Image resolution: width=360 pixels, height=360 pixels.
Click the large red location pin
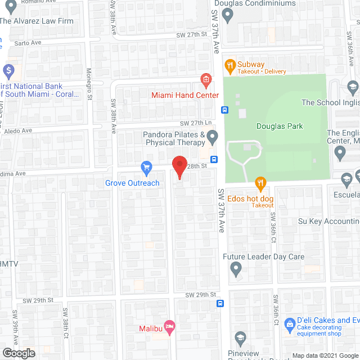179,167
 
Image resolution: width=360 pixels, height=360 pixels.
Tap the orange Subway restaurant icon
229,65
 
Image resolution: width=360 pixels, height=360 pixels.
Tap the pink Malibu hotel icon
170,326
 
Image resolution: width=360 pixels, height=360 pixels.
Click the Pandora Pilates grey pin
212,136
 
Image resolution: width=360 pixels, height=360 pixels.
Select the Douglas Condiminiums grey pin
227,16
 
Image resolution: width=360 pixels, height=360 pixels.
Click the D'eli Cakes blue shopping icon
290,324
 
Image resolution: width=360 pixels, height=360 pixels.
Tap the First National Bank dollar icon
8,71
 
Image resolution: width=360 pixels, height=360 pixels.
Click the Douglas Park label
280,127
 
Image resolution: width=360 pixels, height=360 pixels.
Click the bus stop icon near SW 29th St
220,304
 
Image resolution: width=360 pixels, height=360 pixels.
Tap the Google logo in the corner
18,353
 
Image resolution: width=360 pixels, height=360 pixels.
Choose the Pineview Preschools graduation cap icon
241,339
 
